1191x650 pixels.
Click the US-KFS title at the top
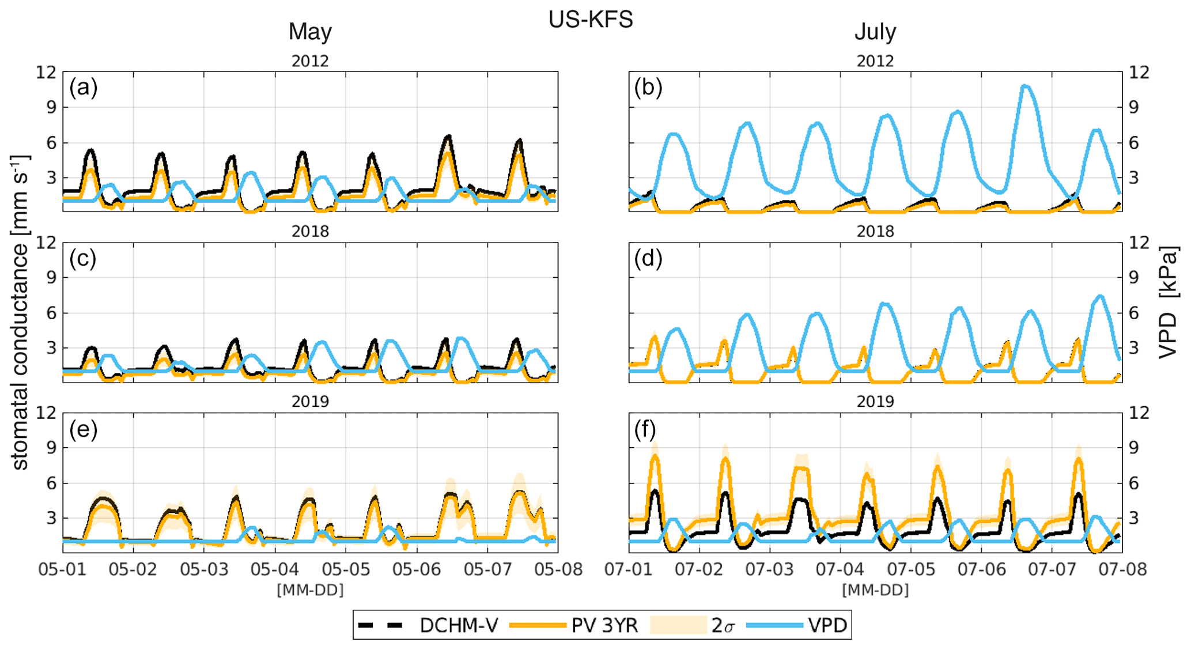tap(590, 20)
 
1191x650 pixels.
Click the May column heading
tap(310, 32)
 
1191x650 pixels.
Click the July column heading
tap(875, 32)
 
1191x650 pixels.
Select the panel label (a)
tap(83, 88)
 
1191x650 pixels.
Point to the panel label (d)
tap(648, 258)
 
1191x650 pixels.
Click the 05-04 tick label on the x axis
tap(275, 569)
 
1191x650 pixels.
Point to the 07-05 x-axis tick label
tap(911, 569)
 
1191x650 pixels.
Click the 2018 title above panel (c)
tap(310, 231)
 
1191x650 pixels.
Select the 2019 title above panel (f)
tap(875, 402)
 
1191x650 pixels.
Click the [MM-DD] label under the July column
tap(875, 589)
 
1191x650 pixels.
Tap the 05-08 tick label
tap(557, 569)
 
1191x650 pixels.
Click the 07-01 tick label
tap(629, 569)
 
